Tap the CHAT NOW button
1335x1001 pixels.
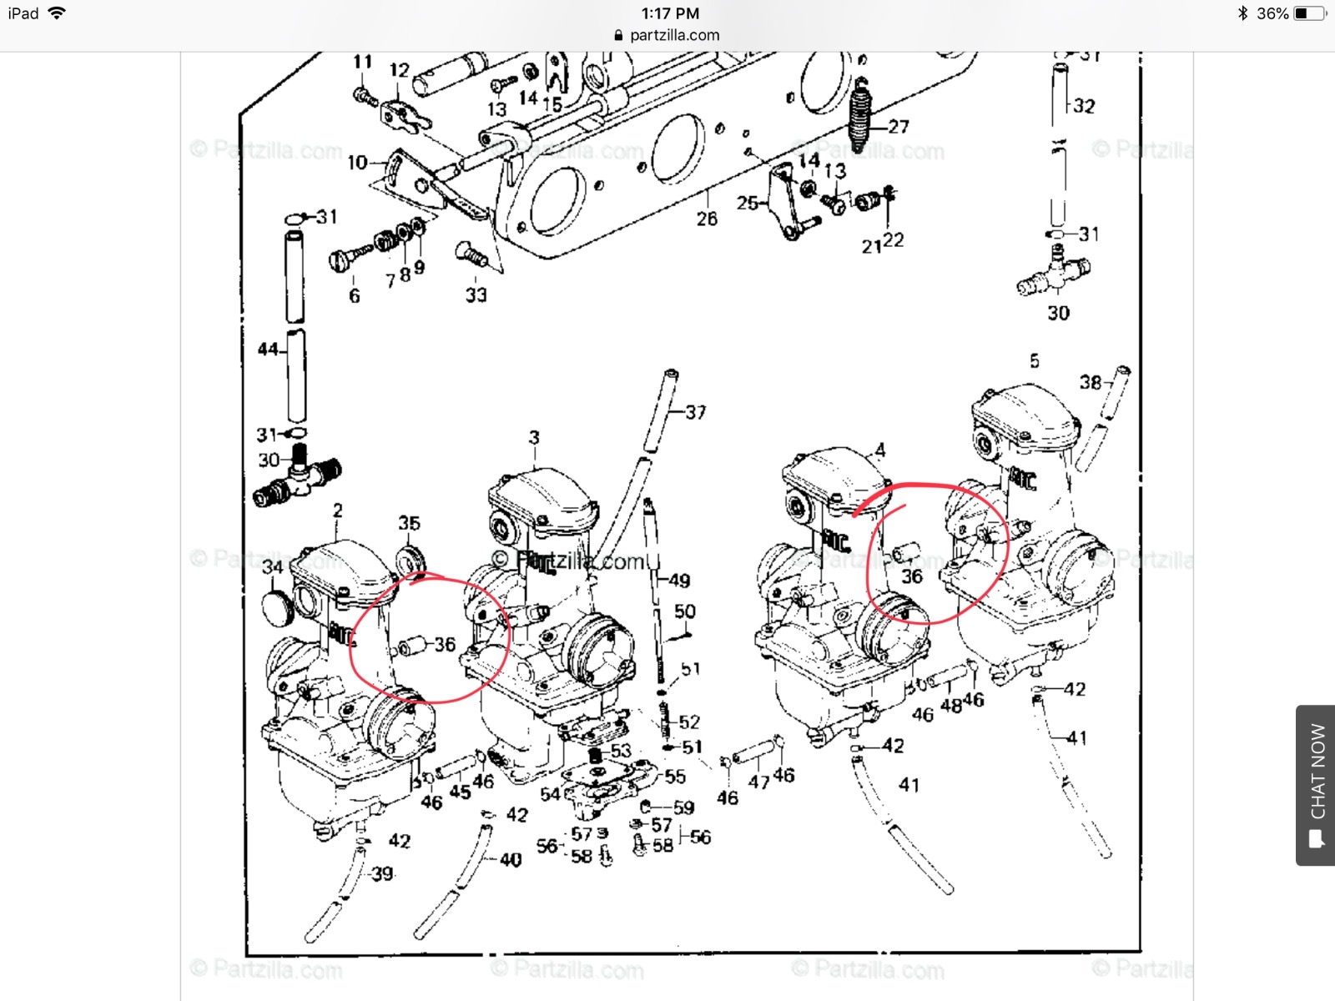click(x=1317, y=785)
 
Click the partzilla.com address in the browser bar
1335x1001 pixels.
click(x=674, y=35)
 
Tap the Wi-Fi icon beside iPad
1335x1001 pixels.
click(x=57, y=13)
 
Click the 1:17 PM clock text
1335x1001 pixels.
click(x=670, y=13)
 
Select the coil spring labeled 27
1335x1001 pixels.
click(x=860, y=117)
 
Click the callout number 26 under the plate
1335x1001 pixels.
click(x=707, y=219)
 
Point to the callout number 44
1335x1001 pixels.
click(x=268, y=350)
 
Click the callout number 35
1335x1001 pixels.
click(x=409, y=523)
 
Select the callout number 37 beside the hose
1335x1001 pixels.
click(x=696, y=412)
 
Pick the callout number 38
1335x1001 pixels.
click(x=1091, y=383)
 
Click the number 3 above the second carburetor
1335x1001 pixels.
click(x=534, y=437)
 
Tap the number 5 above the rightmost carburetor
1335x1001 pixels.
click(x=1035, y=361)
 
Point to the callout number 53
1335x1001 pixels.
click(x=621, y=751)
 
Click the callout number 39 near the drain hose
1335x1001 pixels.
click(x=382, y=873)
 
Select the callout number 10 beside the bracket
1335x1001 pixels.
click(x=357, y=163)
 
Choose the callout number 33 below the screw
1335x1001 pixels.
click(x=476, y=295)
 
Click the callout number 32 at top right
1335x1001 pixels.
click(x=1084, y=106)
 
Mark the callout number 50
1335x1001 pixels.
click(x=685, y=611)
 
